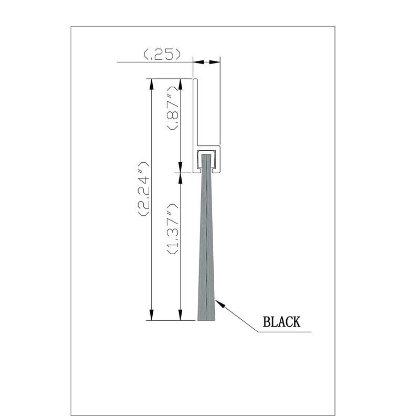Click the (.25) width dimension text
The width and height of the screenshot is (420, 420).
pyautogui.click(x=162, y=54)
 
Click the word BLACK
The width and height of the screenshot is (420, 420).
pyautogui.click(x=281, y=322)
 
